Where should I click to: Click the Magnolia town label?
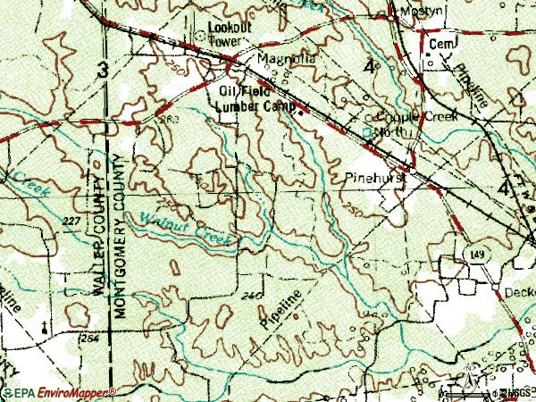(286, 59)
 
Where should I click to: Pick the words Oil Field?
(245, 92)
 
